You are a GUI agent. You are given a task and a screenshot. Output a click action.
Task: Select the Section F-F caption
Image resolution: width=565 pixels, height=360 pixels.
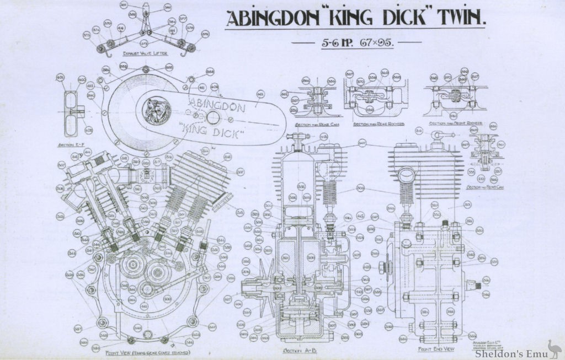[71, 146]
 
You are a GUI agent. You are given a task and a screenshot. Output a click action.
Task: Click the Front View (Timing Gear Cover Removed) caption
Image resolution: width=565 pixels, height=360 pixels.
[148, 352]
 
